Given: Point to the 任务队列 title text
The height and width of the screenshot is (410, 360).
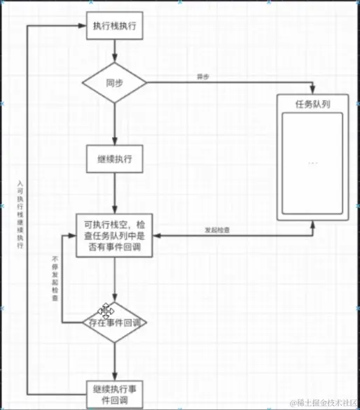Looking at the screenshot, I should click(312, 104).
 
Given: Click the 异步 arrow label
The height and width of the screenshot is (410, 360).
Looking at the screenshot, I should click(203, 76).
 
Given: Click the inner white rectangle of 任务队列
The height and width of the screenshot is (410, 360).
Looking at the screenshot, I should click(312, 164).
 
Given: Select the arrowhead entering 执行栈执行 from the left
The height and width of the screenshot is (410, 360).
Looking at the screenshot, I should click(83, 26).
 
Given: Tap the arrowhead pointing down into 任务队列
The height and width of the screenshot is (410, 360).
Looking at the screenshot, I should click(312, 90).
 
